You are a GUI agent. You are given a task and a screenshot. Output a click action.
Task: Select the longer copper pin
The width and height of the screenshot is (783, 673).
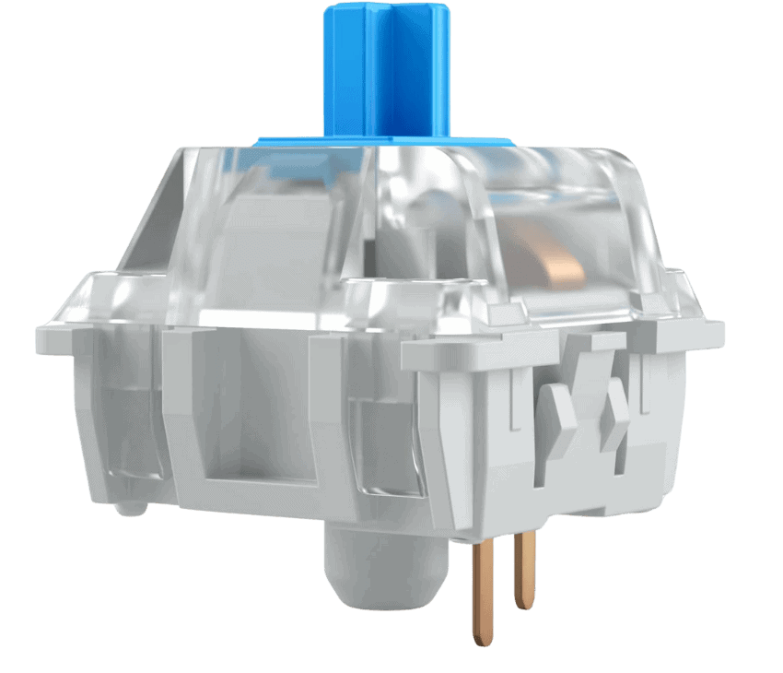pos(482,590)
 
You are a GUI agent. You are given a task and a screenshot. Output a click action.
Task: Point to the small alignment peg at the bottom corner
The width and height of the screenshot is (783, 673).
pos(129,506)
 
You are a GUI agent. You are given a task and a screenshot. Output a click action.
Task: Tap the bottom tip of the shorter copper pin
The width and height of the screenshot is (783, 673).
pos(524,604)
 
